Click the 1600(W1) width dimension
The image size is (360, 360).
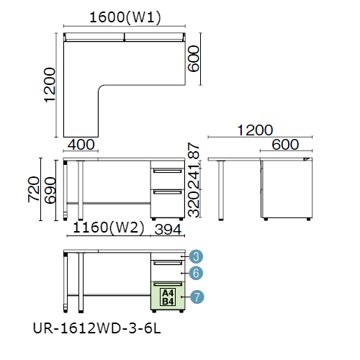coord(125,17)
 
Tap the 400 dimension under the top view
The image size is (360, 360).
coord(81,145)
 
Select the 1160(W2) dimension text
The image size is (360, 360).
coord(109,228)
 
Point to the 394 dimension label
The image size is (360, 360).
coord(168,230)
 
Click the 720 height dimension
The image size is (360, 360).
coord(34,189)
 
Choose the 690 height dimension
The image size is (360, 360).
coord(50,190)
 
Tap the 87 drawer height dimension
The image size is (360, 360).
coord(194,150)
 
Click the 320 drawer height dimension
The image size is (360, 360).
coord(194,204)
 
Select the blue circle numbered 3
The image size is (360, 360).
coord(196,256)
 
